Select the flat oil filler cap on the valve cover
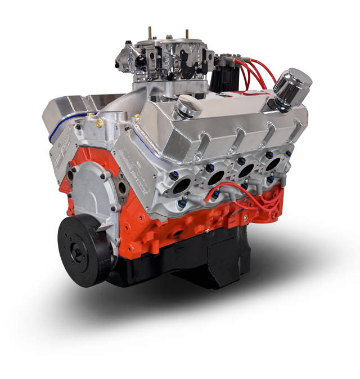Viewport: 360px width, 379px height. (188, 105)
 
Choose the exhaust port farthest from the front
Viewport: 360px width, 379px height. (274, 163)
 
